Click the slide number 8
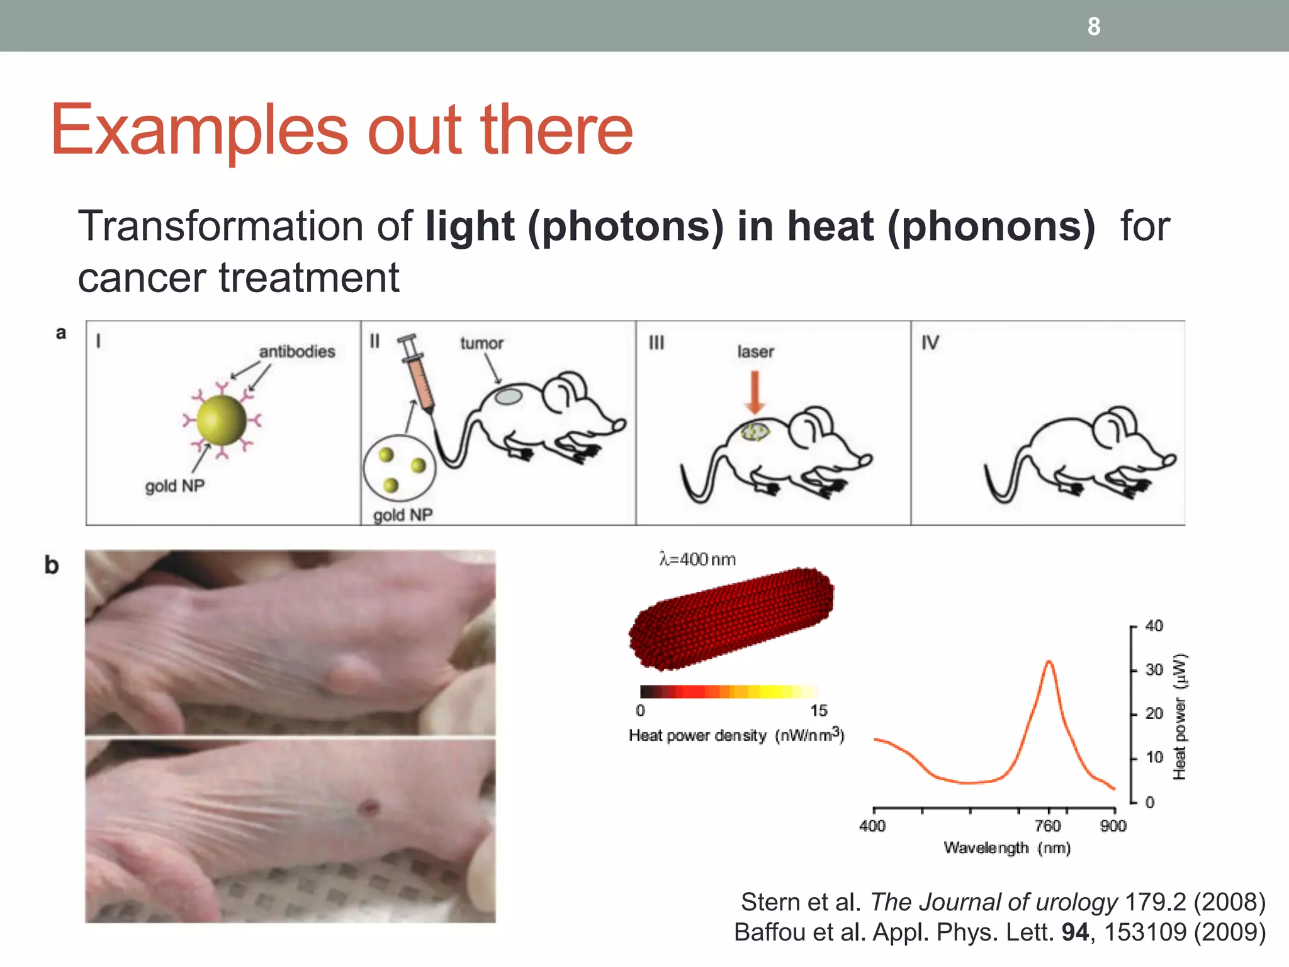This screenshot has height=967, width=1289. click(1094, 26)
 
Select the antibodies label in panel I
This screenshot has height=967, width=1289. click(297, 351)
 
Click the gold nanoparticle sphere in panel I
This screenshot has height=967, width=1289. click(222, 420)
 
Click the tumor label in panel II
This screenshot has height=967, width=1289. click(481, 343)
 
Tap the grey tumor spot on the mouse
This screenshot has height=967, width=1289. click(509, 397)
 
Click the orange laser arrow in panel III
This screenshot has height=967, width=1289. click(755, 391)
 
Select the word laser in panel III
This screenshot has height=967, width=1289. click(755, 351)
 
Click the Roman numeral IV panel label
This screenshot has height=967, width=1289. click(930, 342)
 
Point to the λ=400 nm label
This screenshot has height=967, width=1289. click(697, 559)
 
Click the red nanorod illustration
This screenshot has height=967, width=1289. click(731, 618)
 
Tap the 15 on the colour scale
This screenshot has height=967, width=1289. click(818, 711)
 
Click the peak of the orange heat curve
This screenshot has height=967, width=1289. click(1049, 662)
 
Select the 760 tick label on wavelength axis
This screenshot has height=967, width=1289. click(1048, 825)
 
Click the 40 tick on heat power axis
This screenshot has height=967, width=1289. click(1154, 626)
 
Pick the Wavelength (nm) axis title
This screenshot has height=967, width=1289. click(1007, 848)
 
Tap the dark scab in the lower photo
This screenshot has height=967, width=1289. click(369, 806)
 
